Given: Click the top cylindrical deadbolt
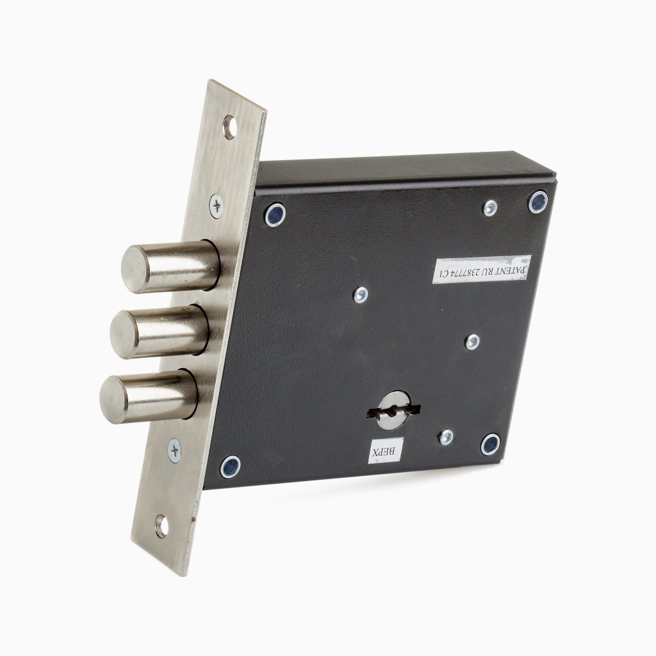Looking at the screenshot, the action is [x=170, y=266].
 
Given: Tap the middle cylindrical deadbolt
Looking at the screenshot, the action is [x=160, y=331].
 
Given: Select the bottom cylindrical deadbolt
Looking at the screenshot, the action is [x=149, y=397].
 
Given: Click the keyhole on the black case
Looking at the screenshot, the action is [x=393, y=411].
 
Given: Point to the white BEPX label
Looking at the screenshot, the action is [x=386, y=451].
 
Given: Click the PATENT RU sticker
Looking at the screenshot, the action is [x=482, y=269].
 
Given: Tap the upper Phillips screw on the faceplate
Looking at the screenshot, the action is [x=217, y=206].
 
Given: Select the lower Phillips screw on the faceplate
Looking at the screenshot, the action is [x=174, y=450].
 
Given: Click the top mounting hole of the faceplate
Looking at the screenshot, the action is [x=229, y=127].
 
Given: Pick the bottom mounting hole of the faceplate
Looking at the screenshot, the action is [x=161, y=526].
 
